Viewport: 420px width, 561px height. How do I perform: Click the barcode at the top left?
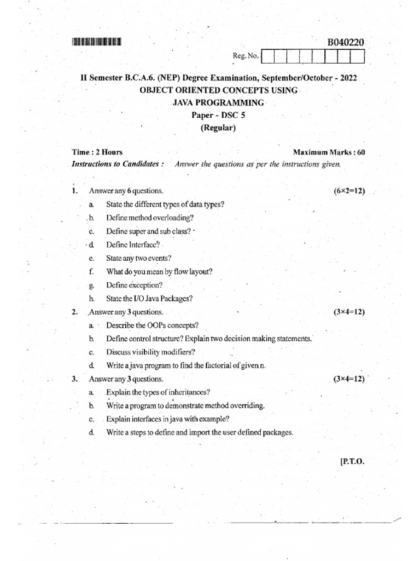point(96,41)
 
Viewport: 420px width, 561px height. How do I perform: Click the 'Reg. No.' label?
point(246,56)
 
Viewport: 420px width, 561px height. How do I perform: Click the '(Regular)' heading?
point(218,128)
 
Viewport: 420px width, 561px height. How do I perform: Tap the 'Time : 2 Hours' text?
point(97,152)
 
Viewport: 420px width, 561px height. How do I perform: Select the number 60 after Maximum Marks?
point(361,152)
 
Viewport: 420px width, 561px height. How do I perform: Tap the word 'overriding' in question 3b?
point(246,406)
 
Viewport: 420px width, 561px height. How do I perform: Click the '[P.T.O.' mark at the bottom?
point(352,461)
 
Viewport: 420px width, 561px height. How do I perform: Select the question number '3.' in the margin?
point(74,379)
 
